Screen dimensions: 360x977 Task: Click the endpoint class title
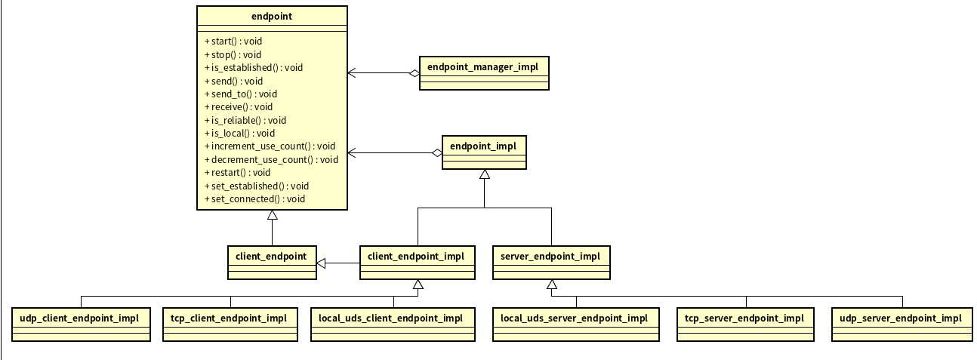coord(272,15)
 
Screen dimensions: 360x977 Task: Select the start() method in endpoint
coord(233,41)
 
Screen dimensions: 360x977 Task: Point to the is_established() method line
coord(253,67)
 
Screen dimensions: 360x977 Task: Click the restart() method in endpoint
coord(237,173)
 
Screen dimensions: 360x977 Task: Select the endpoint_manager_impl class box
coord(483,73)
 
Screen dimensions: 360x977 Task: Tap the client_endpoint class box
coord(272,262)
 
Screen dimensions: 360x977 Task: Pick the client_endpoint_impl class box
coord(417,262)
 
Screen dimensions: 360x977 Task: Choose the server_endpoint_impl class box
coord(550,262)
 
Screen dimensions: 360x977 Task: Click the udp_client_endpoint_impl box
coord(81,324)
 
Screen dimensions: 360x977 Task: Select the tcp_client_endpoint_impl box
coord(230,324)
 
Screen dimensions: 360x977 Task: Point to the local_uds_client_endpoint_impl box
coord(392,324)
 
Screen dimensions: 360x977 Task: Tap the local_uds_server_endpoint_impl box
coord(575,324)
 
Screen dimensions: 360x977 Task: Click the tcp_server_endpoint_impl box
coord(745,324)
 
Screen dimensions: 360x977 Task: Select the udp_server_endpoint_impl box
coord(900,324)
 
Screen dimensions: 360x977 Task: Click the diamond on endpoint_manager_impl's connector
coord(413,73)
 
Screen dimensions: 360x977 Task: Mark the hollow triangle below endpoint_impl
coord(484,174)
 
